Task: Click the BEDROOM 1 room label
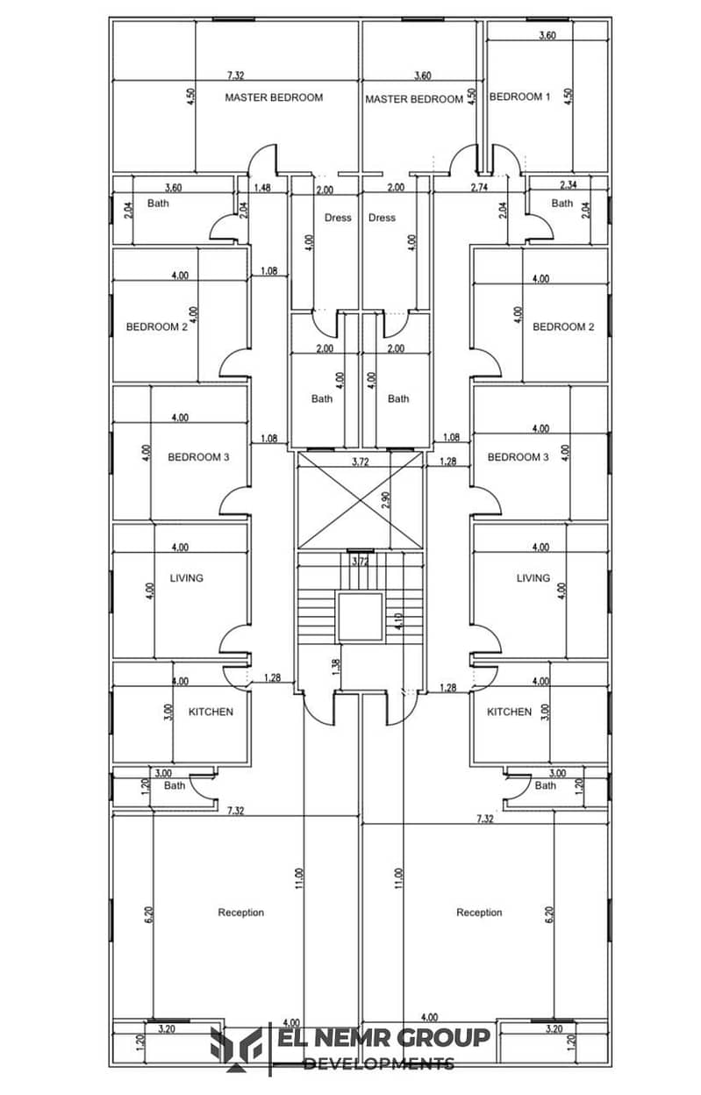519,97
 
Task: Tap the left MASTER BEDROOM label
274,97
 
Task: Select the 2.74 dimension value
479,188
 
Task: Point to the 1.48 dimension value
262,188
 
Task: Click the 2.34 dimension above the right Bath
569,184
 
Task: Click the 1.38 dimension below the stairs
336,666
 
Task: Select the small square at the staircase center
360,617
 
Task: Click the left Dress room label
338,218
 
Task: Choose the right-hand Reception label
479,912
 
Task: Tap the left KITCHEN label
211,712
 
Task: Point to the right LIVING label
533,577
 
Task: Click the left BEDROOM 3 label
199,456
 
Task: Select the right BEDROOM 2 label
559,326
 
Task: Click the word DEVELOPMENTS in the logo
378,1063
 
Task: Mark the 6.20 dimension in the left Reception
149,913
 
